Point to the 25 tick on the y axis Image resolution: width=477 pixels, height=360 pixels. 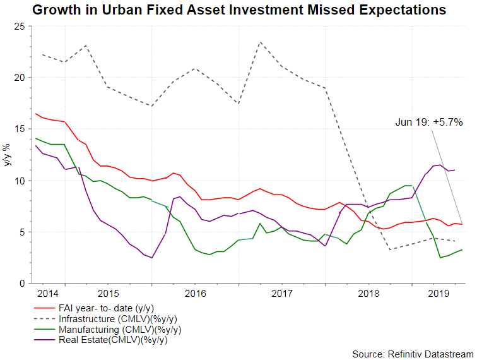point(18,27)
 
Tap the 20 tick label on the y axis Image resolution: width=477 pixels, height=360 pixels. point(18,78)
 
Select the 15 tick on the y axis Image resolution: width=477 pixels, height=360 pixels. point(18,129)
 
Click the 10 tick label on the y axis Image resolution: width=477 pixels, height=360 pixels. point(18,181)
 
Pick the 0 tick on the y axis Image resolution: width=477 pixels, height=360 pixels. point(21,284)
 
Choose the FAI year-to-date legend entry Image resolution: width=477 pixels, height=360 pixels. point(104,308)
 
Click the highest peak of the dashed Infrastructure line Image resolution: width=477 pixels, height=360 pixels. point(261,42)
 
